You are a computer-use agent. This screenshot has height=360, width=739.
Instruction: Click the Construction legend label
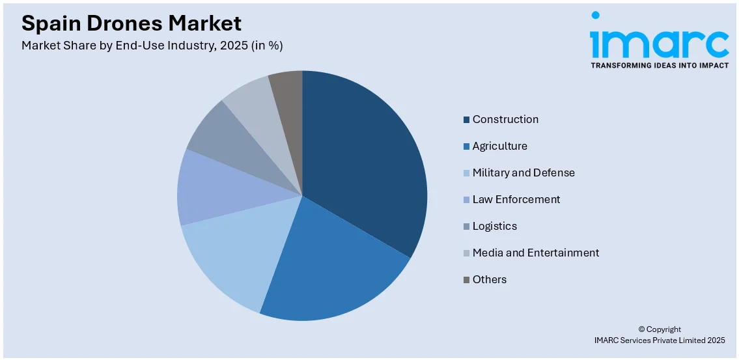pos(505,119)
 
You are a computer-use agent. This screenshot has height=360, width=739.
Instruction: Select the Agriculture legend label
pos(499,146)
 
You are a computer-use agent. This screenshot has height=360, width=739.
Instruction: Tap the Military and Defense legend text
pos(523,173)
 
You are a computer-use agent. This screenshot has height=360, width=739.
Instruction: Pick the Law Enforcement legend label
pos(516,199)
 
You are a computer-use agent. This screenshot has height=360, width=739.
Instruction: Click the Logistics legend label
pos(494,226)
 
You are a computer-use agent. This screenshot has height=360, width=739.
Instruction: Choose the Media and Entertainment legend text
pos(535,253)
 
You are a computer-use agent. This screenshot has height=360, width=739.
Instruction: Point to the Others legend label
pos(489,279)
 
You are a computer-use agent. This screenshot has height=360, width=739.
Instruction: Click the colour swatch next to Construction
pos(466,120)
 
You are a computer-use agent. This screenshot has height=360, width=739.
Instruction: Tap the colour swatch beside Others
pos(466,280)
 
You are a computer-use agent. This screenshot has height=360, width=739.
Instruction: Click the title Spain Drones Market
pos(131,23)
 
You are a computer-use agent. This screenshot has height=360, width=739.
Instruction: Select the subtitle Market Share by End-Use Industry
pos(152,46)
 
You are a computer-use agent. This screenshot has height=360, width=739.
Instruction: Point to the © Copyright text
pos(659,329)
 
